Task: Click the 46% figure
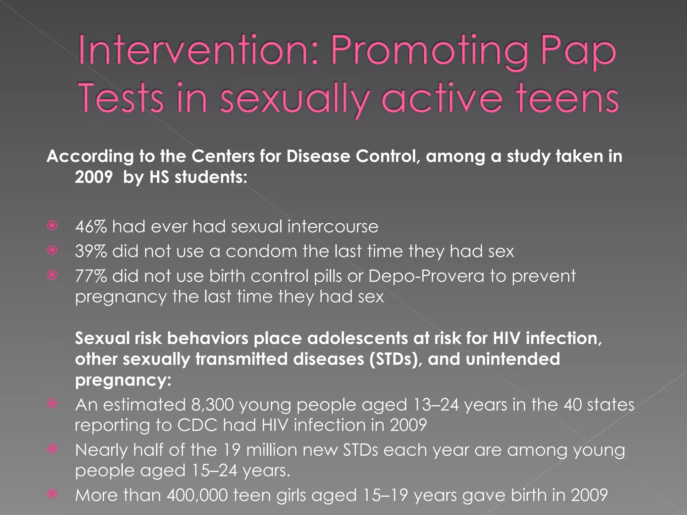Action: coord(91,227)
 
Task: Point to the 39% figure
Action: coord(91,251)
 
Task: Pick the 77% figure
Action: coord(91,276)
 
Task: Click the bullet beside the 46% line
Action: coord(52,226)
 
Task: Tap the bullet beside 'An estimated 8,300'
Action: coord(52,403)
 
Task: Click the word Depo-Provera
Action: coord(426,276)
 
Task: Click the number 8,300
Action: coord(212,405)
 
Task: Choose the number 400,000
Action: coord(197,495)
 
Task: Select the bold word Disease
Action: coord(318,156)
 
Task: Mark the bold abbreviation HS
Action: coord(159,177)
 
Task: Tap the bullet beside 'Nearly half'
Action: coord(52,449)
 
